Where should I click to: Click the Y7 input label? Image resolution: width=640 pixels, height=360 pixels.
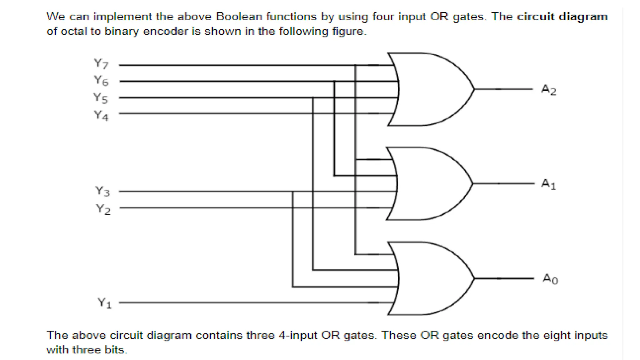point(102,64)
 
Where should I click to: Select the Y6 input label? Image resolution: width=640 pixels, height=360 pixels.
point(102,81)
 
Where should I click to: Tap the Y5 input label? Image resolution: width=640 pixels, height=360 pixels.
point(101,98)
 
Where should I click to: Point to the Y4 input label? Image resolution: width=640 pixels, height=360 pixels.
point(102,116)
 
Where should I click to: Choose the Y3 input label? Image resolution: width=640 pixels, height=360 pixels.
point(103,191)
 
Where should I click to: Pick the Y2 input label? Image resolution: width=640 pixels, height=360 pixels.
point(103,209)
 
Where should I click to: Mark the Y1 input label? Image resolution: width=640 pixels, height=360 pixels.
point(105,303)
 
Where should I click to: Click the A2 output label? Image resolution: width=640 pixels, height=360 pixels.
point(549,90)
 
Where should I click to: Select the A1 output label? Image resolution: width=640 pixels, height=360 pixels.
point(549,184)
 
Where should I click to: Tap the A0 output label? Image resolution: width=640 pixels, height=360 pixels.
point(550,278)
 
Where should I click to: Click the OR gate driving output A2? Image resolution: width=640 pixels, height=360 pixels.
point(431,89)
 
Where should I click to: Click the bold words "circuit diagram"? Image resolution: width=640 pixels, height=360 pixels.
point(562,16)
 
